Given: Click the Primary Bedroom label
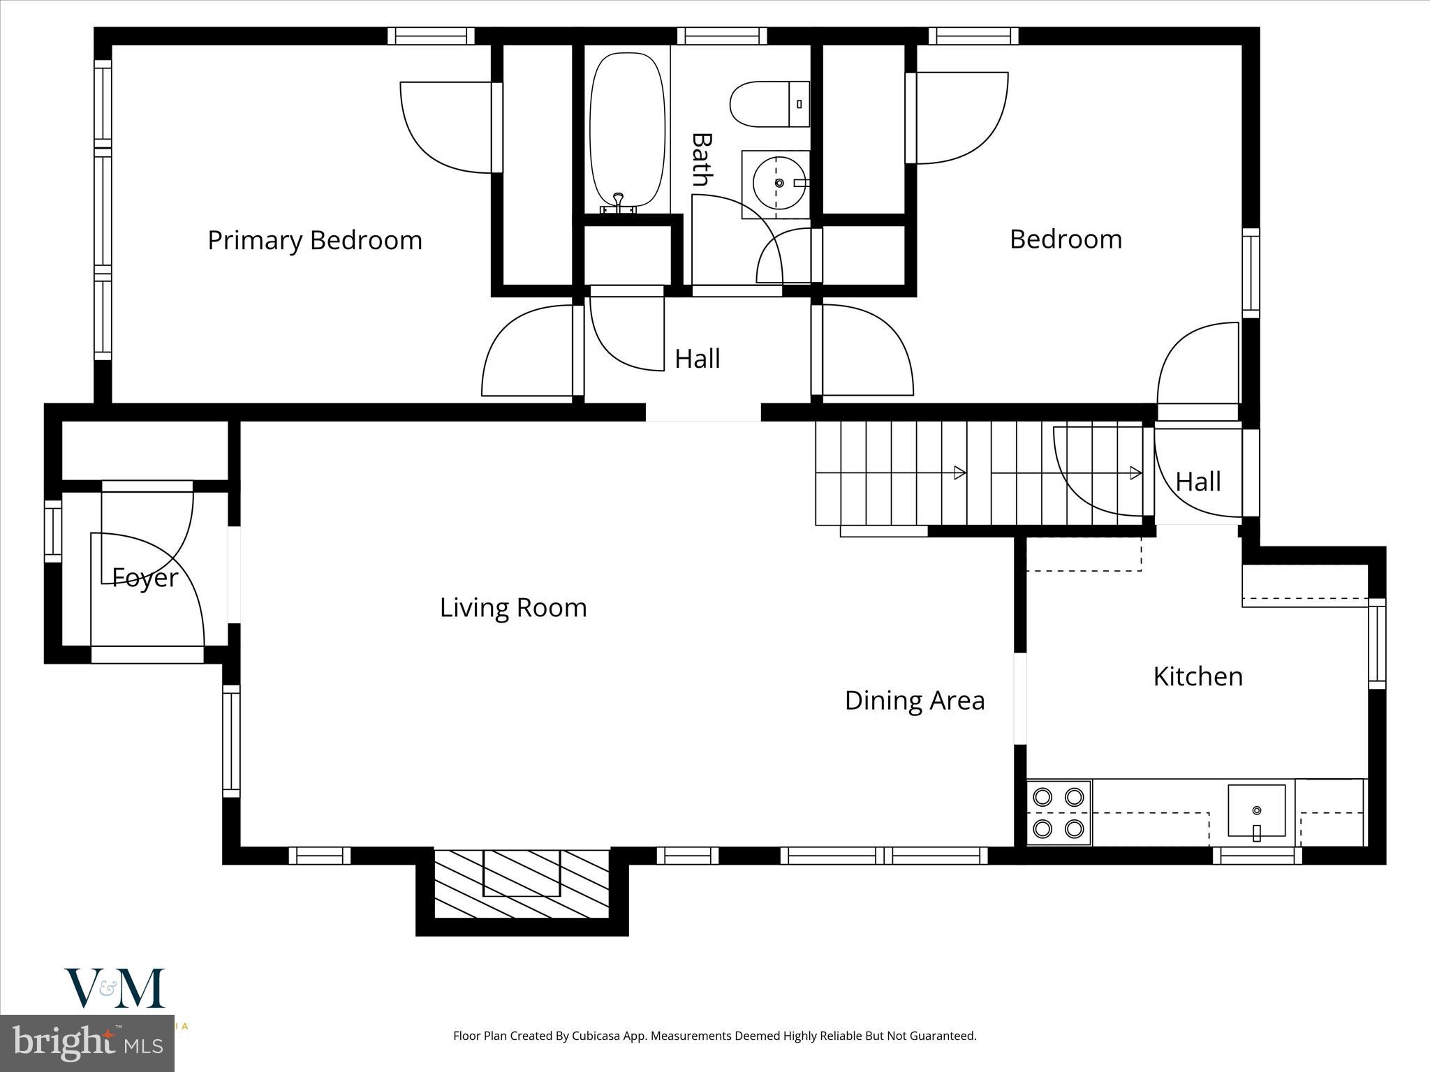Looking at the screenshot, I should pyautogui.click(x=315, y=240).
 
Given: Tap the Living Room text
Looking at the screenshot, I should pyautogui.click(x=513, y=607).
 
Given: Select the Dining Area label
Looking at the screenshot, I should pyautogui.click(x=915, y=700).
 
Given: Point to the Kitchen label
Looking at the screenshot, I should pyautogui.click(x=1197, y=676).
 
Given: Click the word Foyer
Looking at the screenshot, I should pyautogui.click(x=145, y=578).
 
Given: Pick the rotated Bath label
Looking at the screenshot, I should pyautogui.click(x=701, y=160).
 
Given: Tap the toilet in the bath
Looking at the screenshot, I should pyautogui.click(x=768, y=104).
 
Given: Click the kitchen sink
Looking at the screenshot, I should pyautogui.click(x=1256, y=810).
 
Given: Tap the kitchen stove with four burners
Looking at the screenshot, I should pyautogui.click(x=1059, y=812).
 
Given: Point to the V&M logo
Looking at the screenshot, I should pyautogui.click(x=115, y=988).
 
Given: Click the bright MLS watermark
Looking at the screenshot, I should pyautogui.click(x=87, y=1043).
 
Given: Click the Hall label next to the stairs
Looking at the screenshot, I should pyautogui.click(x=1198, y=482).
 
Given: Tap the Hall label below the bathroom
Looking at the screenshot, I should pyautogui.click(x=697, y=359).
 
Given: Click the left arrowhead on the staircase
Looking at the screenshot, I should pyautogui.click(x=960, y=472).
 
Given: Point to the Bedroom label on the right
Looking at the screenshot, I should pyautogui.click(x=1066, y=239).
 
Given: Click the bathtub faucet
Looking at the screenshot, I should pyautogui.click(x=618, y=202).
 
